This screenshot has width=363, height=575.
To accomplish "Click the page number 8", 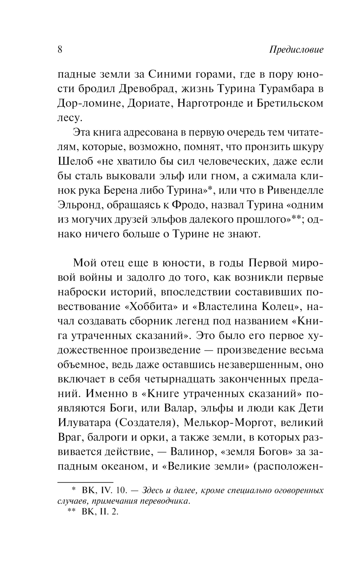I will pyautogui.click(x=60, y=49).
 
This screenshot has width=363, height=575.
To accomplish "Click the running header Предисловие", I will pyautogui.click(x=296, y=50).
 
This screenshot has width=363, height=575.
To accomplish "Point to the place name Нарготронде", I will pyautogui.click(x=207, y=104).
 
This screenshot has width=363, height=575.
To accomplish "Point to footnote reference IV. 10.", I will pyautogui.click(x=114, y=491).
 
